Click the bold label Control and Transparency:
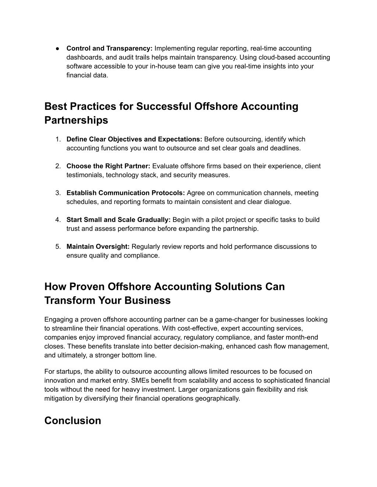(109, 49)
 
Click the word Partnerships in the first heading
(76, 120)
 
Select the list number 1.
(57, 139)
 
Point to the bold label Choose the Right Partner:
(108, 166)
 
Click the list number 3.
(57, 193)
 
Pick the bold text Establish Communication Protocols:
(126, 193)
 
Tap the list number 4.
(57, 220)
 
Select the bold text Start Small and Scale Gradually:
(118, 220)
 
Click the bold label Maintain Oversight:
(98, 247)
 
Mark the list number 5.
(57, 247)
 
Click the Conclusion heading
(73, 420)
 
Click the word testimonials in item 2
(85, 175)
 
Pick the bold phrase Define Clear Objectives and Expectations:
(134, 139)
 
